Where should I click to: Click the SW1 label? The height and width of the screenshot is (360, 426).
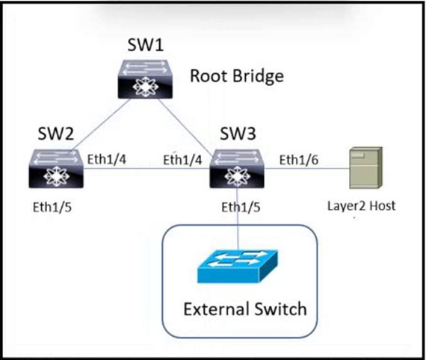pos(145,45)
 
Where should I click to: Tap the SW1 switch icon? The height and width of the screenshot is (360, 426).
pos(145,79)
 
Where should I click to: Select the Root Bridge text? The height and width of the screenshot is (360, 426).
pos(237,76)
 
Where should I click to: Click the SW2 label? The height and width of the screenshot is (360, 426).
pos(56,134)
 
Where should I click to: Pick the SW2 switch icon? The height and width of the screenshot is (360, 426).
pos(56,169)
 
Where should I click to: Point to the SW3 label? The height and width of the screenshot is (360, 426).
pos(238,134)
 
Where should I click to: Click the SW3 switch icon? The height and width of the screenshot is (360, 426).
pos(237,169)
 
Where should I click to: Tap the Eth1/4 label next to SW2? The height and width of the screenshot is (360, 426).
pos(106,159)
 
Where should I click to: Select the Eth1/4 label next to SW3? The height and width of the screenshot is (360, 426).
pos(182,160)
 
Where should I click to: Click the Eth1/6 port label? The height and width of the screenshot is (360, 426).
pos(299,160)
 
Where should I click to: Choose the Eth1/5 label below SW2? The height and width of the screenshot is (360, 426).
pos(52,208)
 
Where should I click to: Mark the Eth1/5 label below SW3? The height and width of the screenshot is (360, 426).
pos(241,208)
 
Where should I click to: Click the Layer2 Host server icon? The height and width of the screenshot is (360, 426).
pos(365,168)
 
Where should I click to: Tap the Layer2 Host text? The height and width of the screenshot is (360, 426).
pos(361,206)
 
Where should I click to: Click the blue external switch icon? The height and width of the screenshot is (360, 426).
pos(238,267)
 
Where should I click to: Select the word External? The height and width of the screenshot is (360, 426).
pos(216,309)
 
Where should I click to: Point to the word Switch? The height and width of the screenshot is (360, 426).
pos(280,309)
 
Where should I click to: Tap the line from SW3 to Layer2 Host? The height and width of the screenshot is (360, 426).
pos(306,169)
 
